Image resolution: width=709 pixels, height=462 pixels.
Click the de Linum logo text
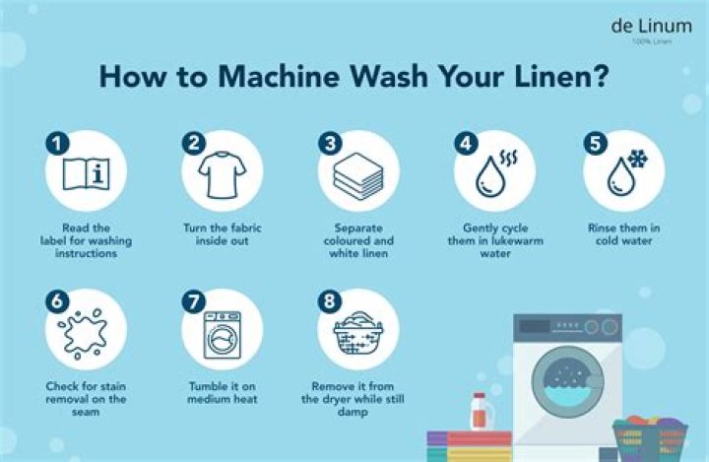click(651, 27)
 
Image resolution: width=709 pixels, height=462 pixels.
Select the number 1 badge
click(57, 144)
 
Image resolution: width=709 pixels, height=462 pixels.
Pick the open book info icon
click(86, 173)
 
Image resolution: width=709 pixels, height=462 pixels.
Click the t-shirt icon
click(222, 174)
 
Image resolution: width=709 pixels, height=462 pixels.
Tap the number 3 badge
click(330, 144)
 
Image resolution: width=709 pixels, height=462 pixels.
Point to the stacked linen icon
click(358, 176)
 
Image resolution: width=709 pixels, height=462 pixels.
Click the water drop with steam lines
click(495, 174)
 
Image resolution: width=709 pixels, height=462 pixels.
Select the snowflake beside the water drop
click(637, 160)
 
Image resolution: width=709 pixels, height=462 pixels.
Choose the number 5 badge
click(595, 144)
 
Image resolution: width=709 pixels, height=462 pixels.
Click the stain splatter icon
click(83, 334)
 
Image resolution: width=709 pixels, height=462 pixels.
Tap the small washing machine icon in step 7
click(222, 335)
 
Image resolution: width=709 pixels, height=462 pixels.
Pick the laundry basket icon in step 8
click(358, 334)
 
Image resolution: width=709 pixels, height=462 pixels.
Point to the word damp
click(353, 412)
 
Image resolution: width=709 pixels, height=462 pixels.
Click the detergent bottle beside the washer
click(481, 412)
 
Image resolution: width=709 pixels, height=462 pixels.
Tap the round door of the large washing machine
click(567, 382)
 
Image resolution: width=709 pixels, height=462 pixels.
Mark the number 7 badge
click(194, 301)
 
